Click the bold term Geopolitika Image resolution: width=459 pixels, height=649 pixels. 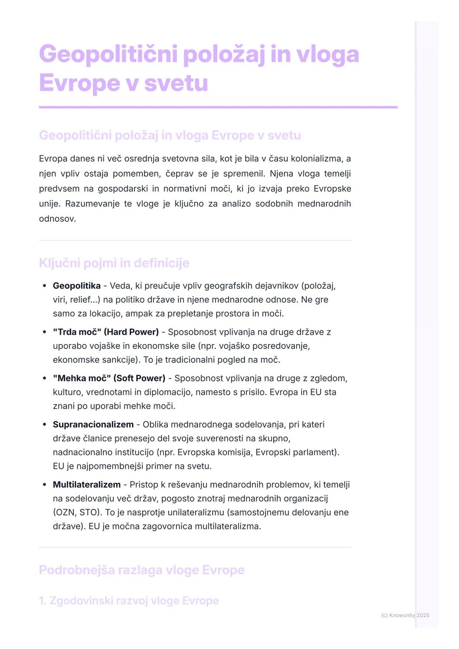click(76, 286)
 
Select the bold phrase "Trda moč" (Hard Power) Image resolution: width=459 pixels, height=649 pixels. click(106, 332)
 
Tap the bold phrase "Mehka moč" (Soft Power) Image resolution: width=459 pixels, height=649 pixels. click(109, 378)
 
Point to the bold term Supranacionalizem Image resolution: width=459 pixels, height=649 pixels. click(93, 425)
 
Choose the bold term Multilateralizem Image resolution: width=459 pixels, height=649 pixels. click(87, 485)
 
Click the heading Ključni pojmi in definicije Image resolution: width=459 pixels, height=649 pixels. click(114, 263)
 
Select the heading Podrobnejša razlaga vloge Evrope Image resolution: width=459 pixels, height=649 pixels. click(142, 570)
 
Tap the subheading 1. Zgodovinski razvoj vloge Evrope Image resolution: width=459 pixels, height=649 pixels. click(129, 601)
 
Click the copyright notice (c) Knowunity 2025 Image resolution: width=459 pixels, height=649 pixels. click(405, 615)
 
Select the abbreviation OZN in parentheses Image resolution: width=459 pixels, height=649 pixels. click(66, 513)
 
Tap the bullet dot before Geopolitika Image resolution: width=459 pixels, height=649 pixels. click(45, 286)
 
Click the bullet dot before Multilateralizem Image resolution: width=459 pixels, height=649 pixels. click(45, 485)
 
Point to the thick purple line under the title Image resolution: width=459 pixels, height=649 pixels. click(218, 107)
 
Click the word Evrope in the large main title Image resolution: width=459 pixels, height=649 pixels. click(79, 83)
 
